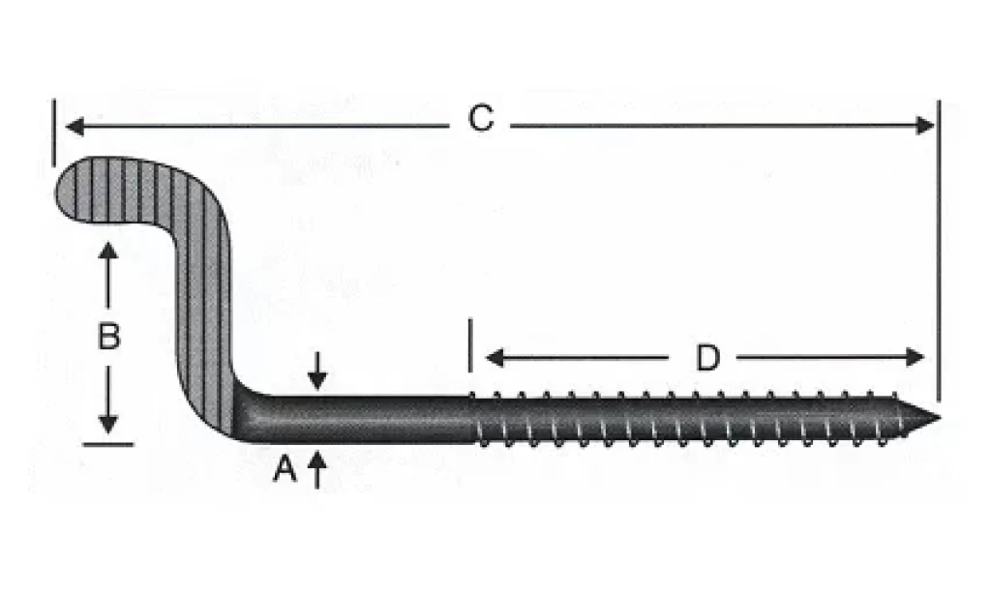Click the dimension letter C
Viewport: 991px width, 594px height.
click(481, 118)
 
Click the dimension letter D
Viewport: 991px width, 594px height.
click(707, 358)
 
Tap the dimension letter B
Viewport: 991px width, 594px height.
click(108, 336)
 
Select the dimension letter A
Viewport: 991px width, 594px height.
click(285, 469)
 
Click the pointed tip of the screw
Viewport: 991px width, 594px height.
click(939, 418)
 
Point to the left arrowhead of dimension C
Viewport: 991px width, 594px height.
click(75, 127)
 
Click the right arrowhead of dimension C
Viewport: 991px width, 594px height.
click(925, 126)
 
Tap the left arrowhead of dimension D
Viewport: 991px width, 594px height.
click(495, 358)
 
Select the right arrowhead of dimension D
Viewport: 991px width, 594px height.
click(916, 357)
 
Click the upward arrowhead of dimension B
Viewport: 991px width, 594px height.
click(108, 251)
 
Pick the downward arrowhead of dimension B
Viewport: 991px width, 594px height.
click(108, 424)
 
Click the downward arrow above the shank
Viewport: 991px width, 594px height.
click(317, 371)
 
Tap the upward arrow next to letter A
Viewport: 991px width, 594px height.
click(317, 469)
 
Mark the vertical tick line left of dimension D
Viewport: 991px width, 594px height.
click(470, 345)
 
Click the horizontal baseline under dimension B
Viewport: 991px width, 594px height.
click(108, 444)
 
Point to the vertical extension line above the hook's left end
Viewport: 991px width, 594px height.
click(54, 133)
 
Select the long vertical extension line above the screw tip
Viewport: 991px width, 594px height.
click(939, 251)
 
